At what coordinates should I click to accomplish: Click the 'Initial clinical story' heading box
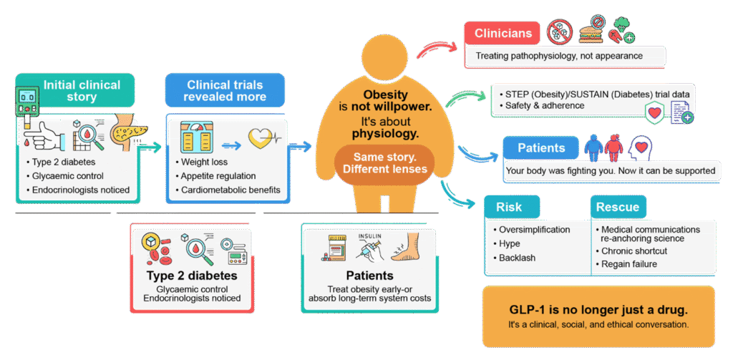click(82, 91)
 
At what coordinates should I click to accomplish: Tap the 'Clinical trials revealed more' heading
click(225, 91)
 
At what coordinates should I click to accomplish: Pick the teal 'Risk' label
click(508, 208)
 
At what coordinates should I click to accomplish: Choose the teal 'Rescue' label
click(618, 208)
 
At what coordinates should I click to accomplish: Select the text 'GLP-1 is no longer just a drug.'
click(598, 310)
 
